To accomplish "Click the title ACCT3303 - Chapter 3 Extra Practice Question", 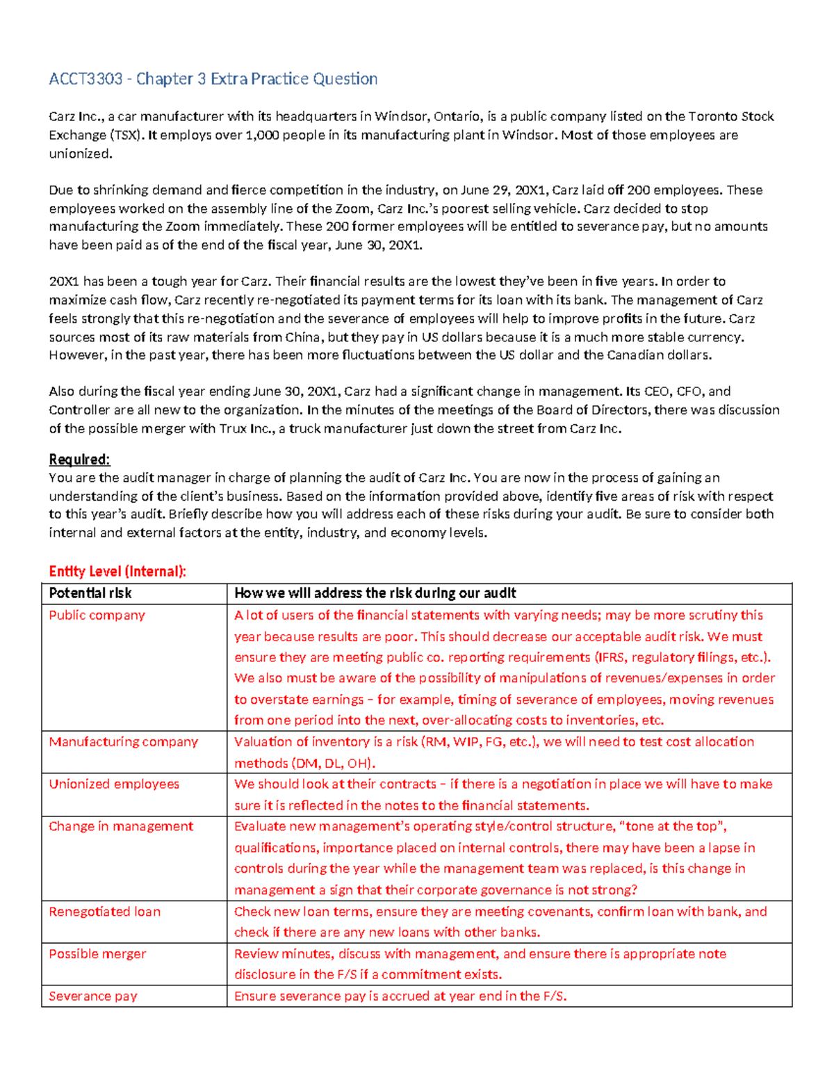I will click(x=213, y=79).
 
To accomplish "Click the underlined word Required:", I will click(x=79, y=460).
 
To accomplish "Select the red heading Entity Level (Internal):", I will click(x=117, y=572).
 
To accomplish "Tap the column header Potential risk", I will click(x=90, y=593).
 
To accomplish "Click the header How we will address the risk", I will click(x=375, y=593).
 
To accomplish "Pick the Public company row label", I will click(x=97, y=615).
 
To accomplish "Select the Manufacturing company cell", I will click(x=123, y=742).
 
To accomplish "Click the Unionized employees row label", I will click(x=114, y=784).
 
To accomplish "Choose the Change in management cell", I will click(x=121, y=827).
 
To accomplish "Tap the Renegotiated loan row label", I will click(x=104, y=912).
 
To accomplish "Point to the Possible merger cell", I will click(x=97, y=954).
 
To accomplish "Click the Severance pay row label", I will click(x=93, y=997).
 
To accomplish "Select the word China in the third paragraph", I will click(x=303, y=337).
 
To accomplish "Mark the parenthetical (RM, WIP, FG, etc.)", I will click(x=480, y=742).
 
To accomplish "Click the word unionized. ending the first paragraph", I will click(x=80, y=154).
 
